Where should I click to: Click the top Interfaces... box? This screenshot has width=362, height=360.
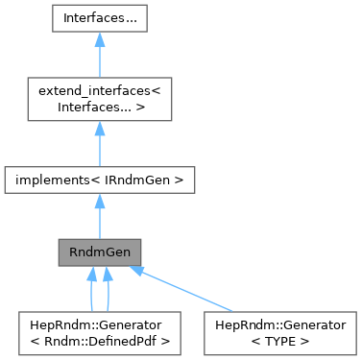(x=100, y=18)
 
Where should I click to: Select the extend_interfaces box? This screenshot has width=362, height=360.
(x=100, y=99)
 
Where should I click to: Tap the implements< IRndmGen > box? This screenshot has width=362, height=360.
(x=100, y=179)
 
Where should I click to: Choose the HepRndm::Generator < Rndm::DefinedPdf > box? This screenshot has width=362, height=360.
(x=100, y=331)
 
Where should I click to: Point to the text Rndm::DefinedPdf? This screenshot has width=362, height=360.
(x=105, y=339)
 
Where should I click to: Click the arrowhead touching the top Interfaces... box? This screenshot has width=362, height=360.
(x=100, y=40)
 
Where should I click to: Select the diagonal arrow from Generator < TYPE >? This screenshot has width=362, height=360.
(x=187, y=291)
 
